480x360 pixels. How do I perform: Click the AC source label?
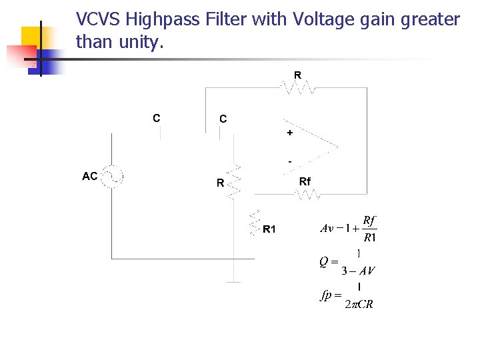coord(90,177)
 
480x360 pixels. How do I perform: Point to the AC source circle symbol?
coord(112,177)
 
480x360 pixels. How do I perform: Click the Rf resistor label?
coord(305,181)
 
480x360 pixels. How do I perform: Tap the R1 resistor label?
coord(269,230)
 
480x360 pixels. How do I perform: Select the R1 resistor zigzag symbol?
coord(253,223)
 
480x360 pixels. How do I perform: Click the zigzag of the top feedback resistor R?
coord(297,88)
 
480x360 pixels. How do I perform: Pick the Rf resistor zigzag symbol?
coord(308,195)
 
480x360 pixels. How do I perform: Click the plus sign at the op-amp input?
coord(289,133)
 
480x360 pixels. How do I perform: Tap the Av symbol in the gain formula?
coord(327,229)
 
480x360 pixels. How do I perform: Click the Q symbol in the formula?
coord(323,262)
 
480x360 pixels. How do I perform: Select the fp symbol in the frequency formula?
coord(326,295)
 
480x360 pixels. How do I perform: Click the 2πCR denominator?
coord(359,305)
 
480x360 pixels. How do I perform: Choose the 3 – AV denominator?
coord(358,271)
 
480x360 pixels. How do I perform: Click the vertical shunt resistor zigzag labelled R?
coord(233,182)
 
